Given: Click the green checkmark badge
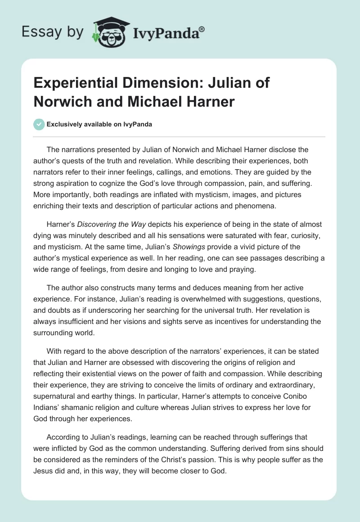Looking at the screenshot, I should click(x=39, y=124).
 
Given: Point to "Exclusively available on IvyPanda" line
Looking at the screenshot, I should click(x=99, y=125).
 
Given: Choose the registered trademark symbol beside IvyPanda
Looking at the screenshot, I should click(x=202, y=29).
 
